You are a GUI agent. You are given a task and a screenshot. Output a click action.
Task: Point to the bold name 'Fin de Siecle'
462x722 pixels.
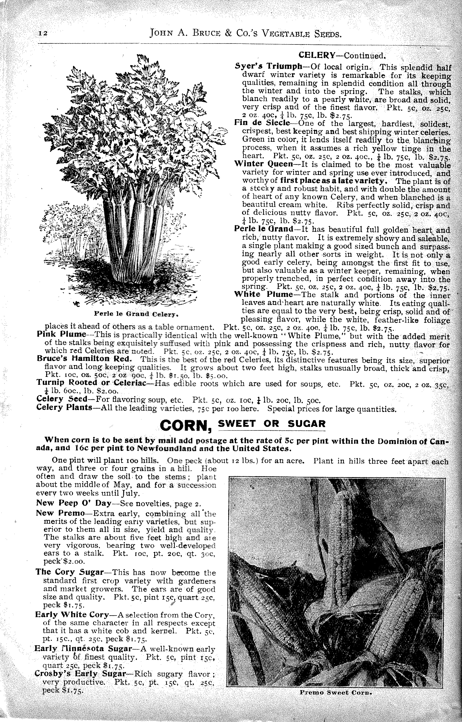(261, 123)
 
